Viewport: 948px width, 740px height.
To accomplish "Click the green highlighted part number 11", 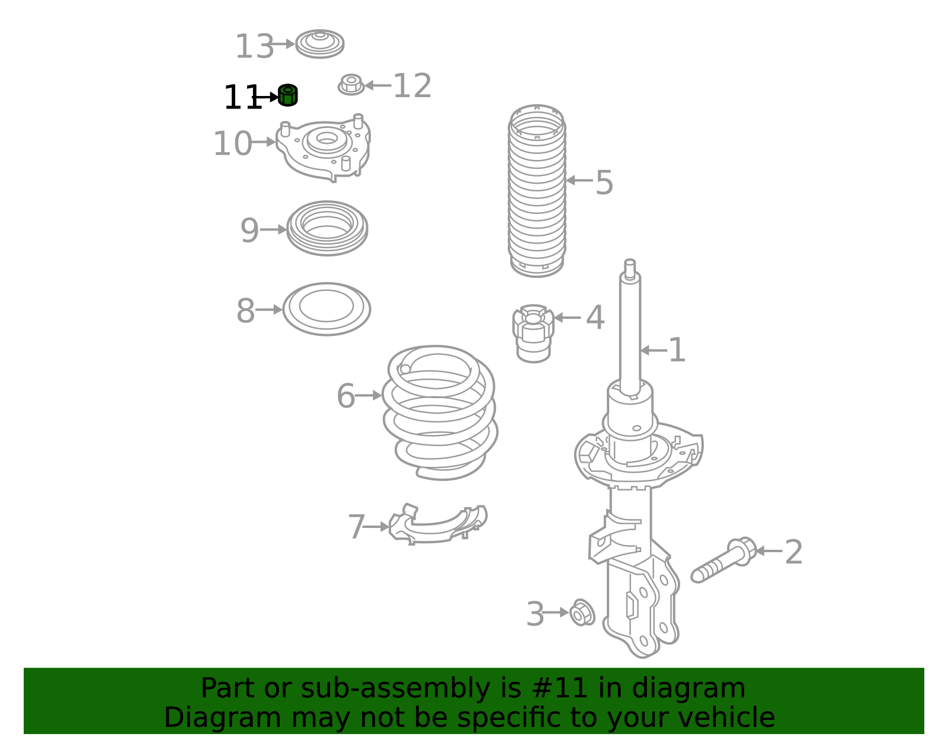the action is coord(287,95).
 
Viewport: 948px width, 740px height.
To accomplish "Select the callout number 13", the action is coord(254,46).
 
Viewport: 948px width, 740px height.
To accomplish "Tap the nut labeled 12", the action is coord(351,85).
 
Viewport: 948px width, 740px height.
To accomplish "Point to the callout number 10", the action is coord(232,143).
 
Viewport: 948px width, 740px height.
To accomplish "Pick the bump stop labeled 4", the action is coord(533,333).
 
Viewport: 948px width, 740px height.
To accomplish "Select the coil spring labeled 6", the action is coord(440,413).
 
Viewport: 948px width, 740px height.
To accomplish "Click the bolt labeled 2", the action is coord(724,560).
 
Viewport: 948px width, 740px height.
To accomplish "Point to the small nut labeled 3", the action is coord(582,612).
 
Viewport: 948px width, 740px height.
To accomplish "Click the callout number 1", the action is coord(677,350).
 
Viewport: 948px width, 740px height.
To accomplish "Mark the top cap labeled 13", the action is coord(320,44).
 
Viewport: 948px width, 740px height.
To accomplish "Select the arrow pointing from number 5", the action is coord(579,180).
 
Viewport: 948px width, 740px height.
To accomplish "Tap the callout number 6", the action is coord(346,396).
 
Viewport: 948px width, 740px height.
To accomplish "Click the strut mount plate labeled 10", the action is coord(324,148).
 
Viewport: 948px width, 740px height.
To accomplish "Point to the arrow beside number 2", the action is coord(768,551).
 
